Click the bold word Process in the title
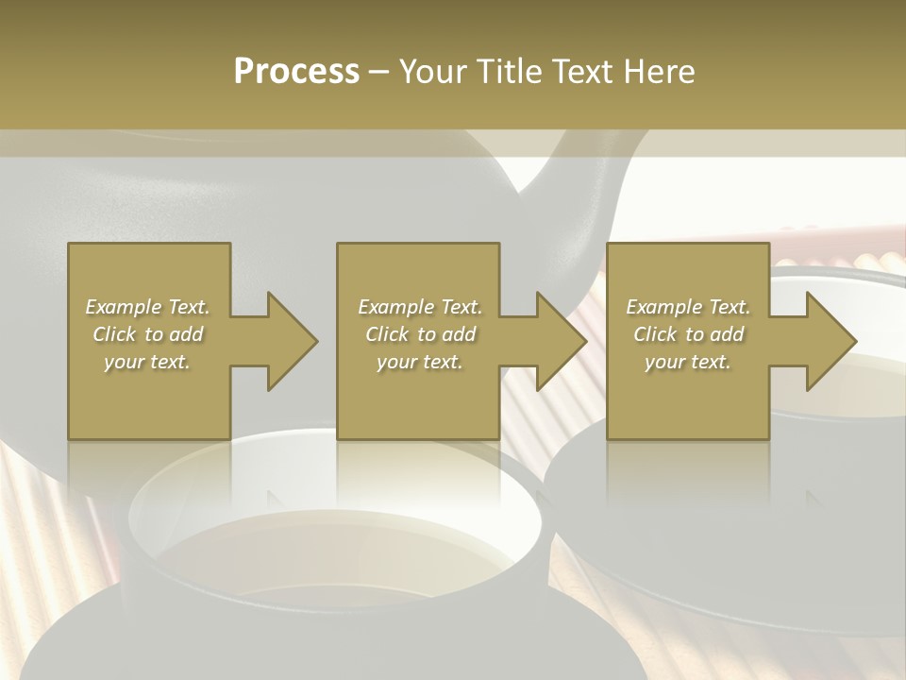[296, 72]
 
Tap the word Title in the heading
[508, 72]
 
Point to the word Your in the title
[432, 72]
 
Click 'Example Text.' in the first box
[148, 307]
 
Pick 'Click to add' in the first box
[148, 334]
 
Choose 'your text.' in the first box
[148, 362]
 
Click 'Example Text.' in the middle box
[420, 307]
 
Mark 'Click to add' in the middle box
[420, 334]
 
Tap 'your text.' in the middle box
[420, 362]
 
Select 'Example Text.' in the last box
[688, 307]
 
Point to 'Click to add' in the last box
[688, 334]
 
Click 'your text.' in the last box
[688, 362]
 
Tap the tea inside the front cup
[340, 557]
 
